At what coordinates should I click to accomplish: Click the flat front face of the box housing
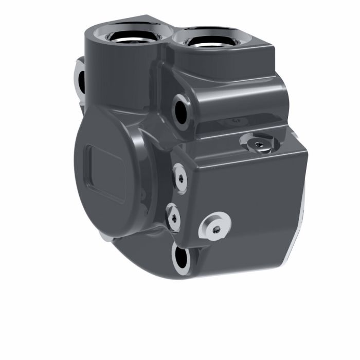coord(247,206)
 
